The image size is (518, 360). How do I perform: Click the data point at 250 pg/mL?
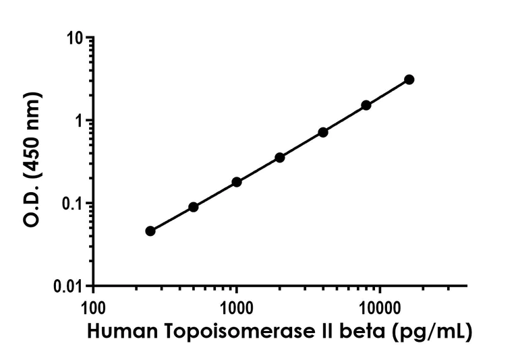(150, 231)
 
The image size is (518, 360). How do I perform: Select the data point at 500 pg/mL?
(194, 207)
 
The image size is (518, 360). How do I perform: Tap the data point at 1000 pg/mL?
(237, 182)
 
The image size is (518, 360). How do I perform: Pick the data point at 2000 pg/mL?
(280, 158)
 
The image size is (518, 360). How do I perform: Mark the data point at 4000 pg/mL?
(323, 132)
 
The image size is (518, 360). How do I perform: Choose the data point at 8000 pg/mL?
(366, 105)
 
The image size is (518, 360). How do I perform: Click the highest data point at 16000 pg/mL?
(409, 80)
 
